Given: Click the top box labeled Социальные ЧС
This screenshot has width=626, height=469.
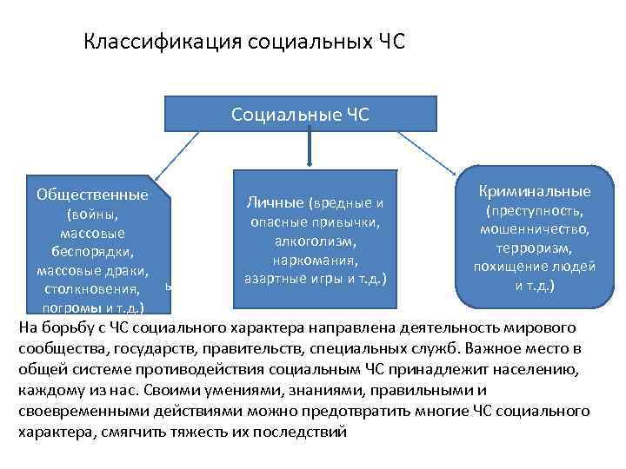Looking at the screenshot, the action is coord(301,115).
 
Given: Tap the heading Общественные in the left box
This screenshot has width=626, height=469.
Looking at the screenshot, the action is coord(99,195).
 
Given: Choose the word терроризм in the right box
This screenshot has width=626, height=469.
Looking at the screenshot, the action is coord(535,248).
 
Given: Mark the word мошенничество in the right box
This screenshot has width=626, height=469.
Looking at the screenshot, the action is coord(535,229).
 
